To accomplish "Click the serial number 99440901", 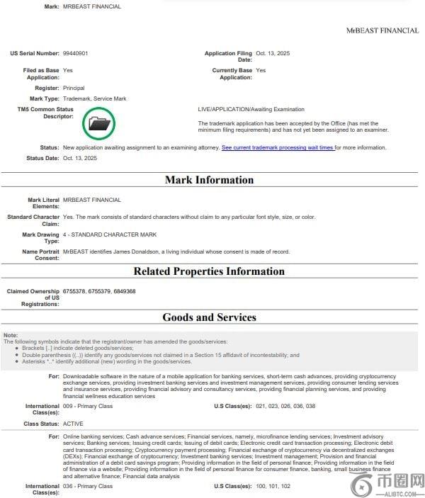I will pyautogui.click(x=76, y=53).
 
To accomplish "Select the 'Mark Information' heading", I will pyautogui.click(x=209, y=180).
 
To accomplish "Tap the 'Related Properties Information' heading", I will pyautogui.click(x=209, y=271).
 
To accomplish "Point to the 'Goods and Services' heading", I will pyautogui.click(x=209, y=318).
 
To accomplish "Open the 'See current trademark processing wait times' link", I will pyautogui.click(x=278, y=147).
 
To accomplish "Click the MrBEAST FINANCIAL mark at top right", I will pyautogui.click(x=382, y=30).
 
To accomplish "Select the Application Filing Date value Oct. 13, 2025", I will pyautogui.click(x=273, y=53).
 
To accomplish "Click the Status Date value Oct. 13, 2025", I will pyautogui.click(x=80, y=158).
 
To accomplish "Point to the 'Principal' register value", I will pyautogui.click(x=74, y=88).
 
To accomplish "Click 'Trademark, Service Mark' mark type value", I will pyautogui.click(x=95, y=98).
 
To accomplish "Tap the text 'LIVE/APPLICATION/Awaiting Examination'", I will pyautogui.click(x=251, y=109).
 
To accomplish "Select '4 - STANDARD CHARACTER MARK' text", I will pyautogui.click(x=110, y=234).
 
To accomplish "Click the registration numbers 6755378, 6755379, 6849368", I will pyautogui.click(x=99, y=291).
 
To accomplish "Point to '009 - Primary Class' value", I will pyautogui.click(x=88, y=407).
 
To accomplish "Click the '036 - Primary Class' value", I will pyautogui.click(x=88, y=487).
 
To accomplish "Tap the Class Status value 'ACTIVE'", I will pyautogui.click(x=74, y=423).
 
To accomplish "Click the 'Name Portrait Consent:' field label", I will pyautogui.click(x=40, y=255).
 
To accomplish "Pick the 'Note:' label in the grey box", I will pyautogui.click(x=11, y=334).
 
